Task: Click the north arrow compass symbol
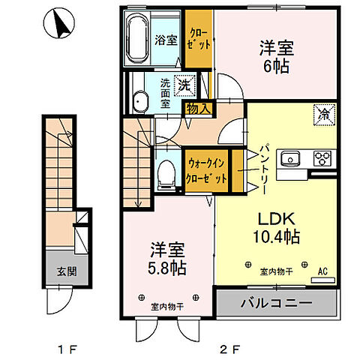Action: pyautogui.click(x=59, y=23)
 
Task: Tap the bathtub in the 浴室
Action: pyautogui.click(x=137, y=38)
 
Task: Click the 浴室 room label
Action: pyautogui.click(x=166, y=40)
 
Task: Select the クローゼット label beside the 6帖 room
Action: pyautogui.click(x=199, y=40)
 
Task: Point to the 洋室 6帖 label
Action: pyautogui.click(x=277, y=56)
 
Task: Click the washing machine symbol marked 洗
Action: pyautogui.click(x=185, y=85)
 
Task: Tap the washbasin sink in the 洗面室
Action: pyautogui.click(x=140, y=101)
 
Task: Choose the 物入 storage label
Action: pyautogui.click(x=199, y=109)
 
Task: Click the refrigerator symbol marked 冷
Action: pyautogui.click(x=324, y=115)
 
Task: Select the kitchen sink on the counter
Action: pyautogui.click(x=290, y=159)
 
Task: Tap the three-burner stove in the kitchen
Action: pyautogui.click(x=322, y=158)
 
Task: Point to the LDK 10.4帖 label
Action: pyautogui.click(x=277, y=227)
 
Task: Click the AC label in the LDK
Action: pyautogui.click(x=322, y=271)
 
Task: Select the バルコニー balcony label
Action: pyautogui.click(x=276, y=303)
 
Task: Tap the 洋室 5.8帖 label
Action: pyautogui.click(x=167, y=259)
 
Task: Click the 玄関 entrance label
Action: pyautogui.click(x=67, y=271)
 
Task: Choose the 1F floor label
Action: pyautogui.click(x=67, y=349)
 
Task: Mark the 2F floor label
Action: pyautogui.click(x=230, y=349)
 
